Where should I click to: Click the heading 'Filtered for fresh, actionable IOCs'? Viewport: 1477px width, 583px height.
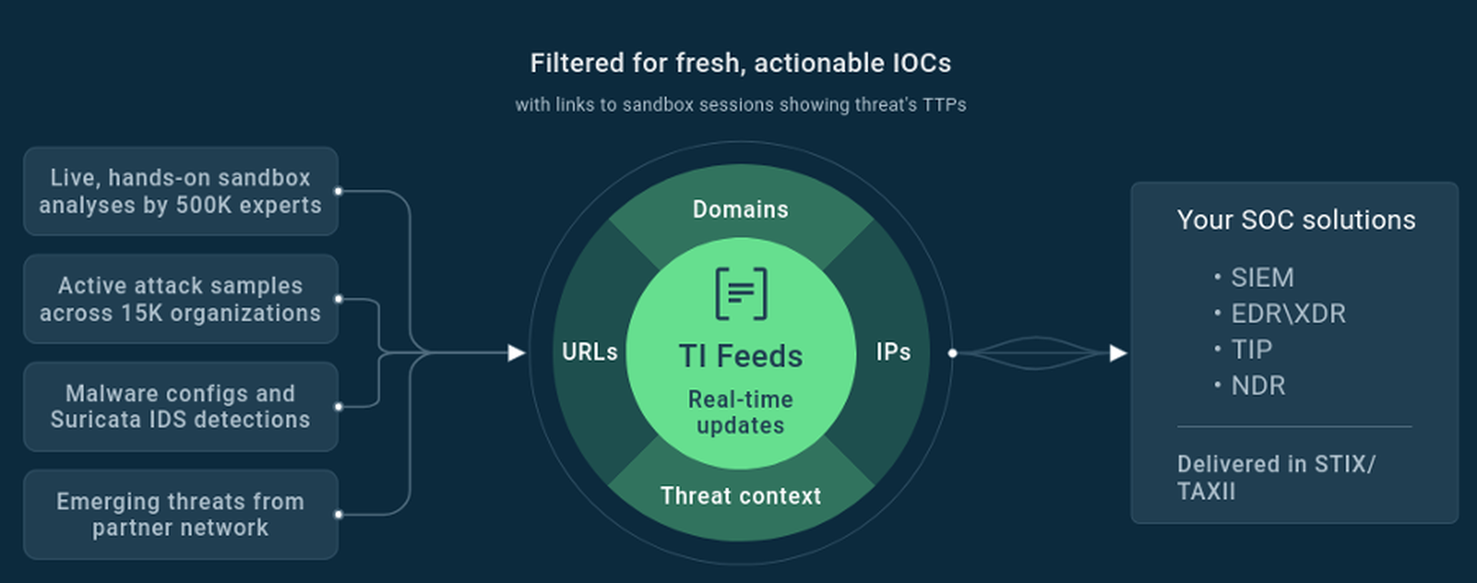coord(740,64)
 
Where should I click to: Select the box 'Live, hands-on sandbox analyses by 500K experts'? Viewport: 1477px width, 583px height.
coord(181,192)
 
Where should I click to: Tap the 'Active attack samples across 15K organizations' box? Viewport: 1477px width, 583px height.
coord(181,299)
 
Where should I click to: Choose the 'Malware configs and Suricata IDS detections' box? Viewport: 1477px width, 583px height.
coord(181,407)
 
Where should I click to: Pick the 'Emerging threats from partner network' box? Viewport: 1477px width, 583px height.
coord(181,515)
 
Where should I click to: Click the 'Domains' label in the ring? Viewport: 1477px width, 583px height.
coord(740,209)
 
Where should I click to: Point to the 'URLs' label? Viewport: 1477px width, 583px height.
coord(589,352)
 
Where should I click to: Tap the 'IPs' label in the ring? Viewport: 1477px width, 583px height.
coord(893,352)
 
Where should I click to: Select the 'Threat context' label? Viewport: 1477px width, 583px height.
coord(740,496)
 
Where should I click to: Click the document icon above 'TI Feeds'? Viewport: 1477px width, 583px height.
coord(741,293)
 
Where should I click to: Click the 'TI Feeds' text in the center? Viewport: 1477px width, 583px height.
coord(740,356)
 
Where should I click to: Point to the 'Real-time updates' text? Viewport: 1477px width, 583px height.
coord(740,412)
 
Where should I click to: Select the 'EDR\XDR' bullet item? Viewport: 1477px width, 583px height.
coord(1280,314)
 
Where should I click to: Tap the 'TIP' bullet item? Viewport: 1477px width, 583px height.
coord(1243,350)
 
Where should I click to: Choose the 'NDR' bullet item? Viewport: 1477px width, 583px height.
coord(1250,386)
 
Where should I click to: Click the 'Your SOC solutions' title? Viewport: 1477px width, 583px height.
coord(1295,220)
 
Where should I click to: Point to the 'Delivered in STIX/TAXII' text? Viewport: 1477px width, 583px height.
coord(1276,478)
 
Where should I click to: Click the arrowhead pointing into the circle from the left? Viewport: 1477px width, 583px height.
coord(517,353)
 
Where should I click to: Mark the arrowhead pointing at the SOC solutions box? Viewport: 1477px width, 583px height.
coord(1119,353)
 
